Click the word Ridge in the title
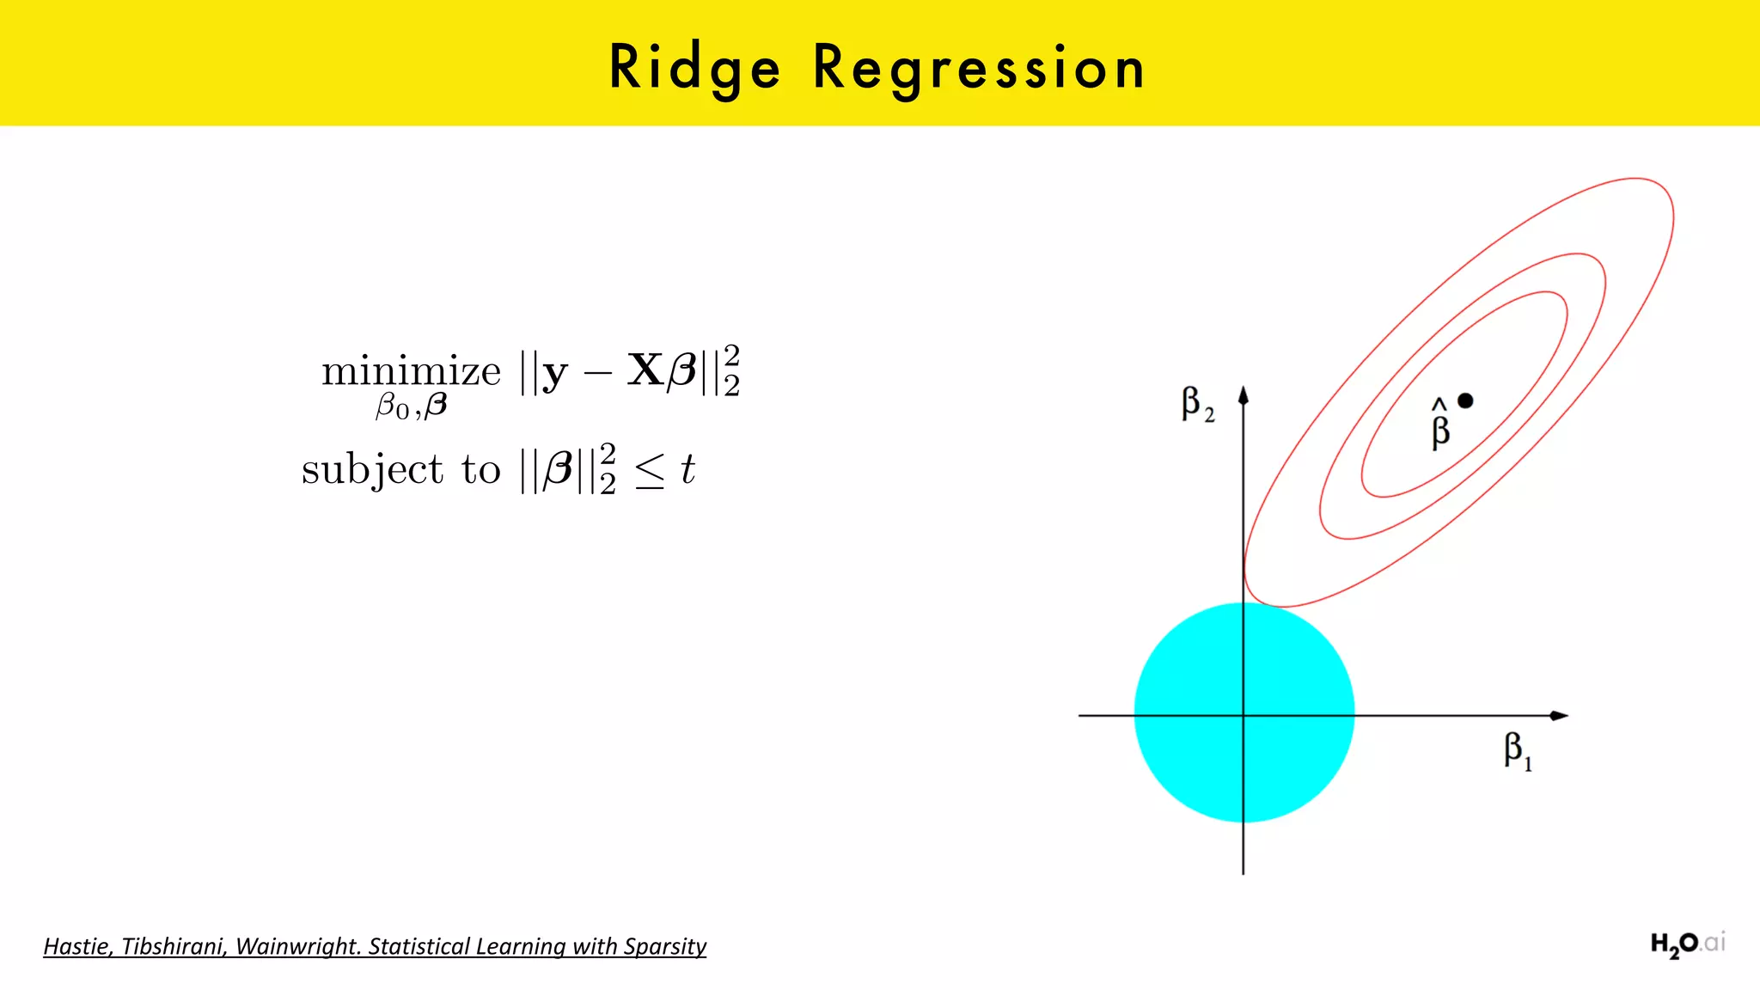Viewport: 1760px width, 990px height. (x=694, y=68)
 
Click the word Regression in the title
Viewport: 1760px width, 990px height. (x=979, y=68)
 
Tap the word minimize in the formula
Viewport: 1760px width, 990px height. (x=411, y=372)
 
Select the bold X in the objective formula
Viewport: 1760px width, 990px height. (x=645, y=370)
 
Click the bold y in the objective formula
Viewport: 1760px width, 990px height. (x=555, y=374)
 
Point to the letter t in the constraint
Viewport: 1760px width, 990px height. (x=687, y=469)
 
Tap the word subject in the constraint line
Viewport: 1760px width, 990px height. (x=372, y=470)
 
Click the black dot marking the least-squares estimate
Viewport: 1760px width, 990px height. (x=1466, y=400)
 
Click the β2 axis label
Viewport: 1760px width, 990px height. (x=1197, y=404)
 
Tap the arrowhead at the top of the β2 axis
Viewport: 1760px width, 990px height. (x=1244, y=395)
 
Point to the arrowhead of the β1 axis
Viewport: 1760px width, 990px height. (x=1559, y=715)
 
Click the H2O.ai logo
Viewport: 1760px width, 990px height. (x=1687, y=944)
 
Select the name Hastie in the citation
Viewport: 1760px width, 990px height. (x=76, y=946)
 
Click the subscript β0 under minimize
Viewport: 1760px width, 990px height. (x=392, y=406)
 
